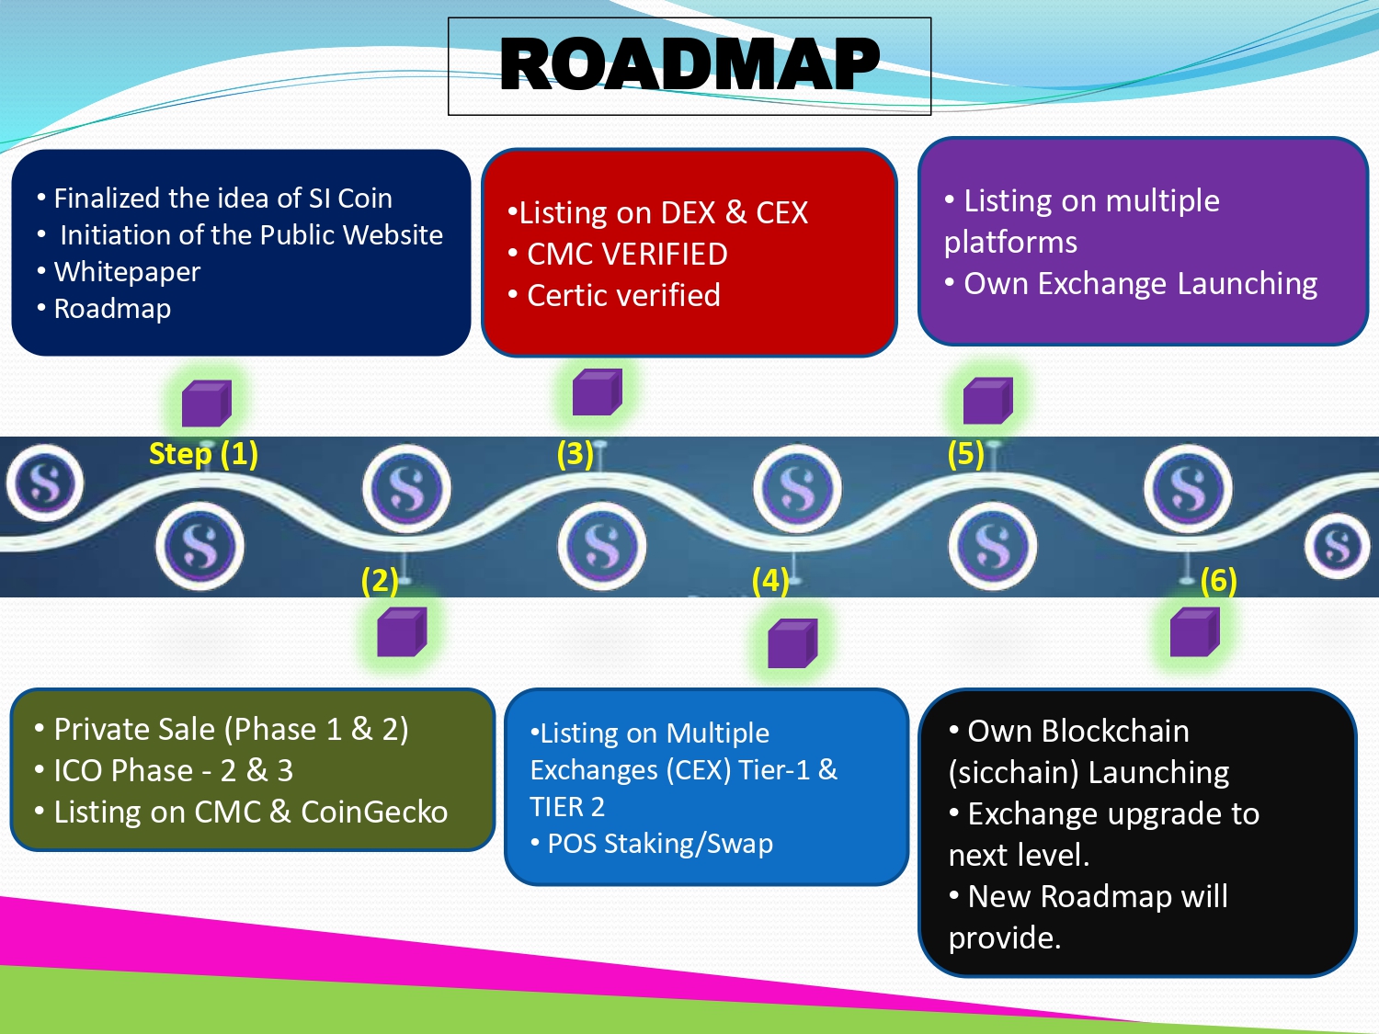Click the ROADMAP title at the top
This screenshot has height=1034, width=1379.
(689, 64)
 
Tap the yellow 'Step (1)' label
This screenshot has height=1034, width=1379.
(203, 453)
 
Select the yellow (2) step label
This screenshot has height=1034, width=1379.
(380, 581)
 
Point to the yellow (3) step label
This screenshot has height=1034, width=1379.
(575, 454)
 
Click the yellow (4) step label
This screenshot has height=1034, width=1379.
(770, 581)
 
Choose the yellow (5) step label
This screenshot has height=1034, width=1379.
(965, 454)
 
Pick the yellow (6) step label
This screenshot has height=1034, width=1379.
(1218, 581)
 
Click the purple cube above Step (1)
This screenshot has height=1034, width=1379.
(207, 403)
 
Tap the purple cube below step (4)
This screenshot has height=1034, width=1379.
(792, 642)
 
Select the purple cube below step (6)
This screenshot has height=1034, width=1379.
(1195, 632)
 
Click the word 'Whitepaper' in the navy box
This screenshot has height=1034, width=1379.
(127, 272)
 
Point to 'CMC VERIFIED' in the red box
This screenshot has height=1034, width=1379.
(627, 255)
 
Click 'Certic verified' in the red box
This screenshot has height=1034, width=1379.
(623, 295)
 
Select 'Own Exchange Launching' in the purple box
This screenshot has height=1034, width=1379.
(1140, 284)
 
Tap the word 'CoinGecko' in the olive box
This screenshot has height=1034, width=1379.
(374, 812)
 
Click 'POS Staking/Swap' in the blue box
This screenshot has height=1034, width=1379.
(660, 844)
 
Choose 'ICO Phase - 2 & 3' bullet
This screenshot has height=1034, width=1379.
(174, 771)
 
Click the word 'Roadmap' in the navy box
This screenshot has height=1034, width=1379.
(112, 309)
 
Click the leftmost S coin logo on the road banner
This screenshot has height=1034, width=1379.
(45, 483)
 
